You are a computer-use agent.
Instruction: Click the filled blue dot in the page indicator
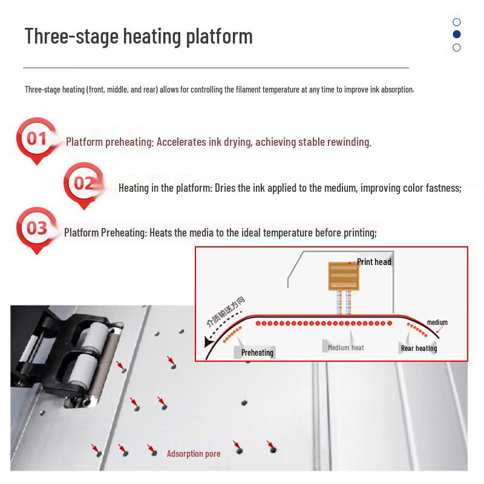click(x=457, y=34)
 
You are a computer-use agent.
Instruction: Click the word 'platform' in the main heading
click(x=219, y=37)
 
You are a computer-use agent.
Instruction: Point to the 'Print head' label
click(x=374, y=262)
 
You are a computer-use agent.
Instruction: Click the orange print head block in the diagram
click(x=343, y=276)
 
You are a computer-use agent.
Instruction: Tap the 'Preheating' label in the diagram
click(x=257, y=353)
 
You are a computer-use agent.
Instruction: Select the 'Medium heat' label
click(x=345, y=347)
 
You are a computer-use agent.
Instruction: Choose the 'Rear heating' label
click(x=419, y=348)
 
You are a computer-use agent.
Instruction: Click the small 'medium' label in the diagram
click(x=437, y=322)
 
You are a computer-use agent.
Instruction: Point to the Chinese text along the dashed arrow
click(x=226, y=312)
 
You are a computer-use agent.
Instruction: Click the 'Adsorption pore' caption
click(x=194, y=453)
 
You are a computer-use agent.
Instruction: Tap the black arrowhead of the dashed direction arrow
click(x=208, y=342)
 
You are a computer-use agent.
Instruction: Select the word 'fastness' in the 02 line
click(x=443, y=188)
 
